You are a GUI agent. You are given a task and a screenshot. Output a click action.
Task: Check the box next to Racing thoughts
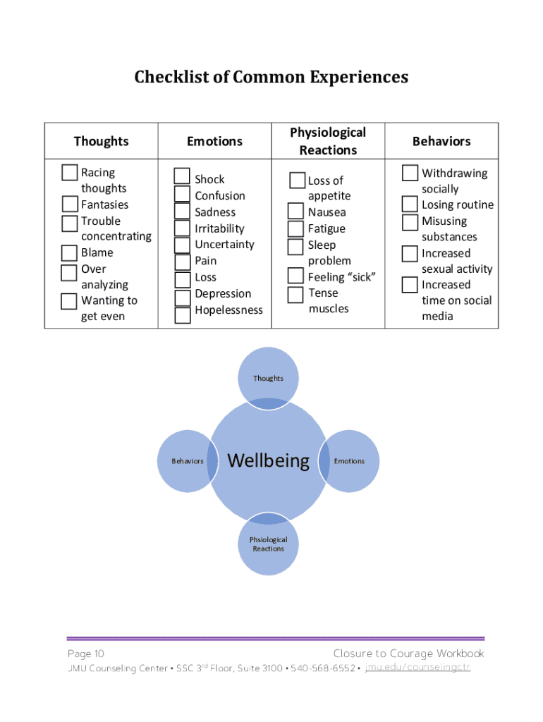coord(69,172)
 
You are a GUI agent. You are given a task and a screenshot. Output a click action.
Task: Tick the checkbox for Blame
coord(69,252)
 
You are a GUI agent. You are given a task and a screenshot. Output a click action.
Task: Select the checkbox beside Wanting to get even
coord(69,301)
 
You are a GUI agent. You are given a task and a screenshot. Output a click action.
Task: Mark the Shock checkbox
coord(183,176)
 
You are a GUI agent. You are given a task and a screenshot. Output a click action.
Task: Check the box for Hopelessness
coord(183,314)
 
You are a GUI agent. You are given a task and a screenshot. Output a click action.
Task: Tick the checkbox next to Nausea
coord(296,212)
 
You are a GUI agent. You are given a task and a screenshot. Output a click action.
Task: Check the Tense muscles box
coord(296,293)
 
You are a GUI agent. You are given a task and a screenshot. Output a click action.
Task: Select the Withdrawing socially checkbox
coord(410,173)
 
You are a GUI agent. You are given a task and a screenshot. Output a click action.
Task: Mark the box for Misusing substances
coord(410,222)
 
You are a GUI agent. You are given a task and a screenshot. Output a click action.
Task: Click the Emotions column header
coord(214,141)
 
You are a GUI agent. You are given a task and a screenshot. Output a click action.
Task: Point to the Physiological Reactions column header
coord(328,141)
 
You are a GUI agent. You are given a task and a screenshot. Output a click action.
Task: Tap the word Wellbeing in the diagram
coord(269,461)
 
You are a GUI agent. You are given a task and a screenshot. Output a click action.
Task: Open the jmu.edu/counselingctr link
coord(417,667)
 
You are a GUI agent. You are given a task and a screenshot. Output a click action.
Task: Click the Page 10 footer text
coord(86,654)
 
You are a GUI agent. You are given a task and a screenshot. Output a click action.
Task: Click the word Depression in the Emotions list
coord(223,293)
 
